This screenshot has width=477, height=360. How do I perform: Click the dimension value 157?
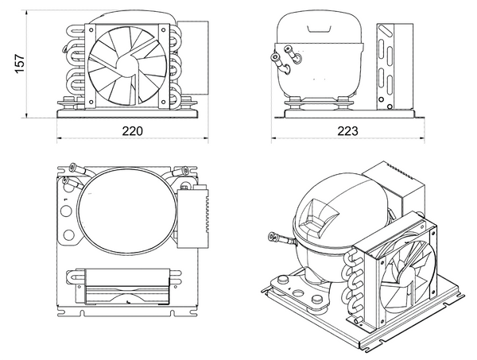point(20,64)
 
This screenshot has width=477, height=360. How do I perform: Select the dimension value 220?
point(132,131)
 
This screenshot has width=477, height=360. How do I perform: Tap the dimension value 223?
point(347,131)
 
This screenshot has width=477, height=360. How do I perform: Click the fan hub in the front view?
point(127,65)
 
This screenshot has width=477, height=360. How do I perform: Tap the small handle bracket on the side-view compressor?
point(319,29)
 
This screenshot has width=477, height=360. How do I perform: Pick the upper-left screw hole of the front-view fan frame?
point(91,29)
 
